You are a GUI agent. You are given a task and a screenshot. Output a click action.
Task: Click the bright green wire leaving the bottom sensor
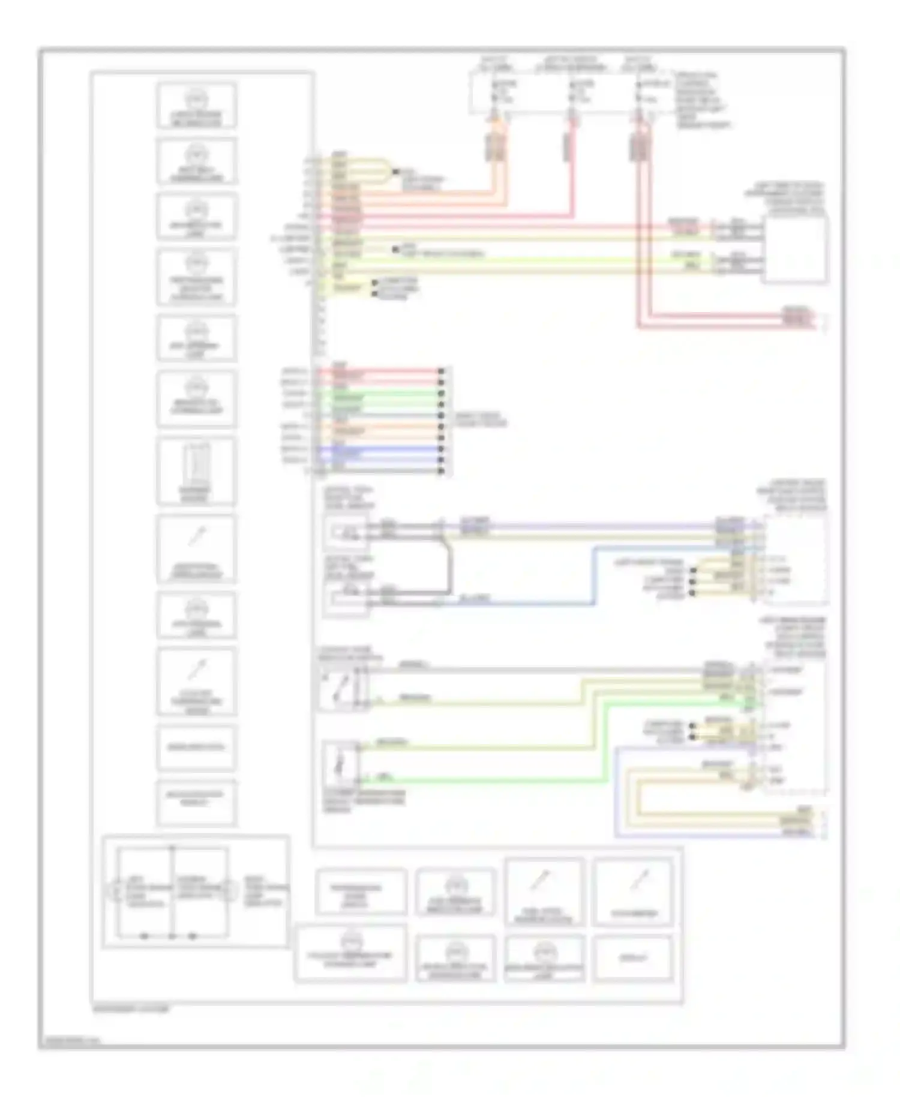[480, 781]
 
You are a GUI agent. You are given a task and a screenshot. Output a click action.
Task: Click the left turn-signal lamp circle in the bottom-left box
[114, 888]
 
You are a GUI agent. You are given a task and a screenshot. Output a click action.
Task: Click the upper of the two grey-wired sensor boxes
[345, 532]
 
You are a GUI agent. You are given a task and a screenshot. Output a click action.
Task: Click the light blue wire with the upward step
[593, 576]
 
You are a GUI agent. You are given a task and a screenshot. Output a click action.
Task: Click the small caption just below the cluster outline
[131, 1009]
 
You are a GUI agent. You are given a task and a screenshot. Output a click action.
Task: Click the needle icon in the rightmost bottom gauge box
[635, 882]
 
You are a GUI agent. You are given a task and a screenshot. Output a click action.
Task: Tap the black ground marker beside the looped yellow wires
[395, 172]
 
